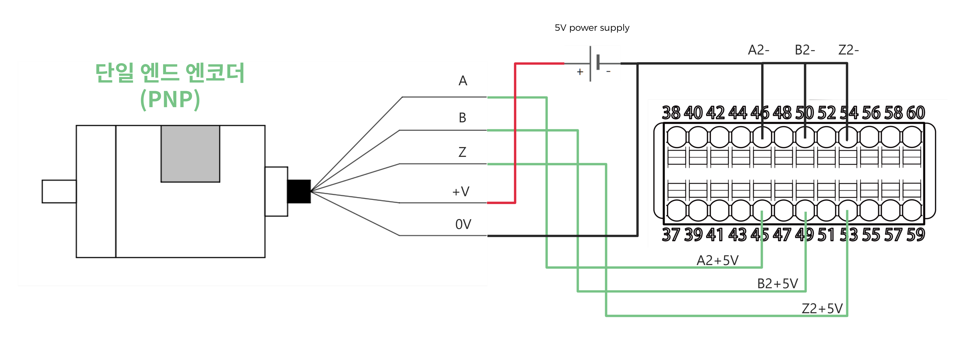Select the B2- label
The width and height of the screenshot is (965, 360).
click(805, 50)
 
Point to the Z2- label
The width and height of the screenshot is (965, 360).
click(848, 50)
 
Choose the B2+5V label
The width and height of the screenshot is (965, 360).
click(777, 284)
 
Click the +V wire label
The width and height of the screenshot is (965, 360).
click(461, 192)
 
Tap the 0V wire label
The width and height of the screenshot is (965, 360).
click(463, 224)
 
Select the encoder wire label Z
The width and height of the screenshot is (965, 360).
click(462, 152)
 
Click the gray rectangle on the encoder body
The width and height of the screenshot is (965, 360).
click(190, 154)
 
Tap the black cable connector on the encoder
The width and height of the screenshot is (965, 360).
click(299, 192)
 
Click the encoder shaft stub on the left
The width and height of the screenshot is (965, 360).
click(59, 192)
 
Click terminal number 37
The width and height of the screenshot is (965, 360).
click(671, 235)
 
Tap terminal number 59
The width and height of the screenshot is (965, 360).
click(916, 235)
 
